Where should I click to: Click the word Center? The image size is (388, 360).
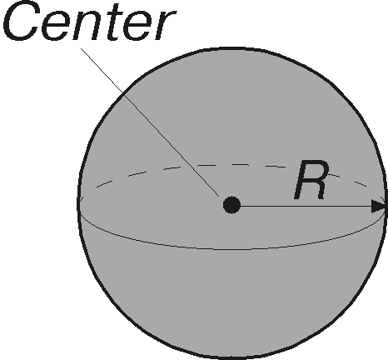(89, 21)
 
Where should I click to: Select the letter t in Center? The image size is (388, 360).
(115, 22)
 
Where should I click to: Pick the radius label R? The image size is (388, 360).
(311, 180)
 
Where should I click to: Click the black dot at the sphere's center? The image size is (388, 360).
(231, 205)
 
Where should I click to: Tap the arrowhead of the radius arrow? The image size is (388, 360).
(378, 207)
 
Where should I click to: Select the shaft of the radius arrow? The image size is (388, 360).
(306, 207)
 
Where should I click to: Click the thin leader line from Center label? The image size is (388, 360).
(150, 122)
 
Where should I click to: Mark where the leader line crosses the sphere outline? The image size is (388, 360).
(122, 93)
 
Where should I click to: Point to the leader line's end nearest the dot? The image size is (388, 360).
(219, 197)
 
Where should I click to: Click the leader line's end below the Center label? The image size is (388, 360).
(81, 48)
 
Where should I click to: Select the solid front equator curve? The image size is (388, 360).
(231, 249)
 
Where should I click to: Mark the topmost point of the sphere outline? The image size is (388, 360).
(232, 49)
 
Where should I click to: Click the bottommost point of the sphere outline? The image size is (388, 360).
(232, 357)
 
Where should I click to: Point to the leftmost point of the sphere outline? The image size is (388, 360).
(78, 202)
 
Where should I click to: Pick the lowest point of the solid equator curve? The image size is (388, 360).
(231, 249)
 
